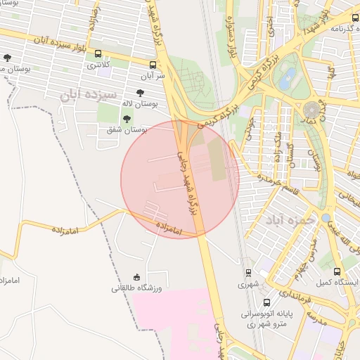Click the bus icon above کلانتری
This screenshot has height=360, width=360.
click(x=97, y=54)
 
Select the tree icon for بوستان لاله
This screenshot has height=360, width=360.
click(x=140, y=92)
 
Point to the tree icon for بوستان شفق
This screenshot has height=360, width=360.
click(x=126, y=118)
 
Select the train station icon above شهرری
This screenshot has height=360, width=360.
click(x=247, y=273)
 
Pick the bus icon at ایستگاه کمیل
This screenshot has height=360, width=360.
click(x=337, y=271)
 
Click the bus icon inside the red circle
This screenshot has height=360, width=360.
click(x=154, y=186)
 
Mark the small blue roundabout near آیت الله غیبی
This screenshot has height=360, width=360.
click(x=327, y=218)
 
